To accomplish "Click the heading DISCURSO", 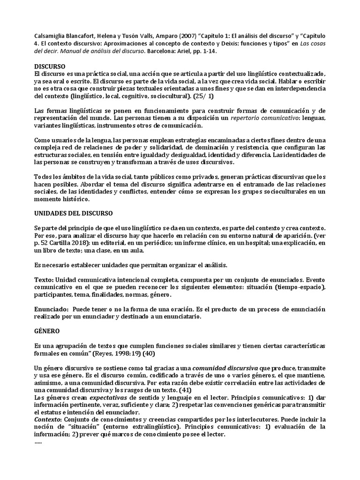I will click(50, 67).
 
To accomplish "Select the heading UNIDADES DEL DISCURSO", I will click(74, 213).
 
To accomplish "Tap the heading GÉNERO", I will click(47, 330).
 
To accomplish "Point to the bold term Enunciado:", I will click(52, 309).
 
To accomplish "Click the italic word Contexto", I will click(48, 419).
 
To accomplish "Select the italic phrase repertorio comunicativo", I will click(266, 118).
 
